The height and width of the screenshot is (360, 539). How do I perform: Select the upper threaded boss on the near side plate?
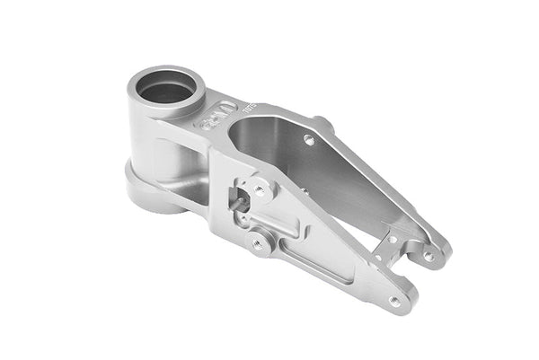click(x=260, y=190)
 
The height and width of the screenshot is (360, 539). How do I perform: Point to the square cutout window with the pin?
click(x=241, y=198)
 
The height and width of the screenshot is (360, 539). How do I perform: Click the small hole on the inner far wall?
click(x=309, y=140)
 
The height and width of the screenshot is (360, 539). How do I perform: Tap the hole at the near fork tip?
click(x=395, y=301)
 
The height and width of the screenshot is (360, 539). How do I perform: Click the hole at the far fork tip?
click(x=429, y=256)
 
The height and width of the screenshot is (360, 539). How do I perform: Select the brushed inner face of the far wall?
click(x=350, y=180)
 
